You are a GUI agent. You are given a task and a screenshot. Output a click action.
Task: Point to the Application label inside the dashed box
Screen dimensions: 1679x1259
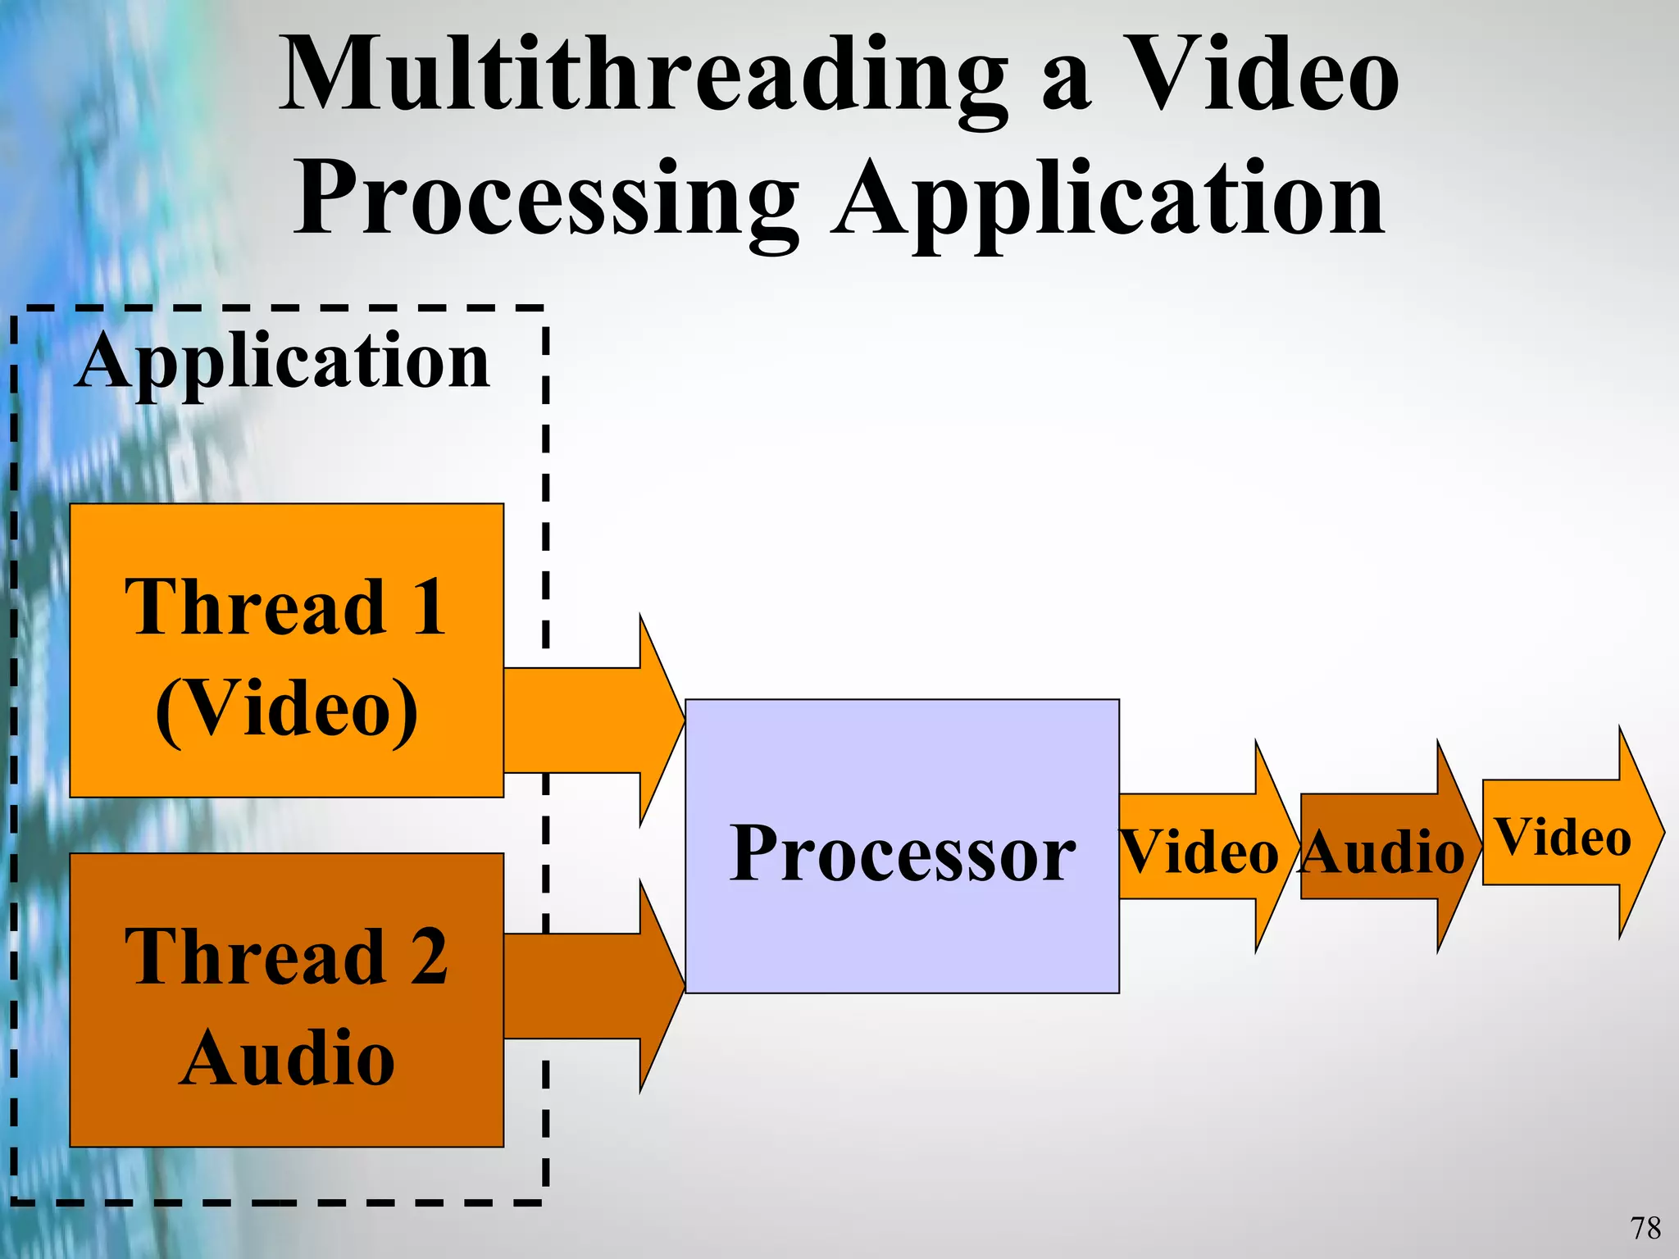coord(283,361)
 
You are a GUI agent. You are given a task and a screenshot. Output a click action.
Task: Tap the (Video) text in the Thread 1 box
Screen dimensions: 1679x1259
coord(287,709)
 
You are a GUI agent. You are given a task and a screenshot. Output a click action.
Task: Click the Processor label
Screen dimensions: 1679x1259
coord(902,854)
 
